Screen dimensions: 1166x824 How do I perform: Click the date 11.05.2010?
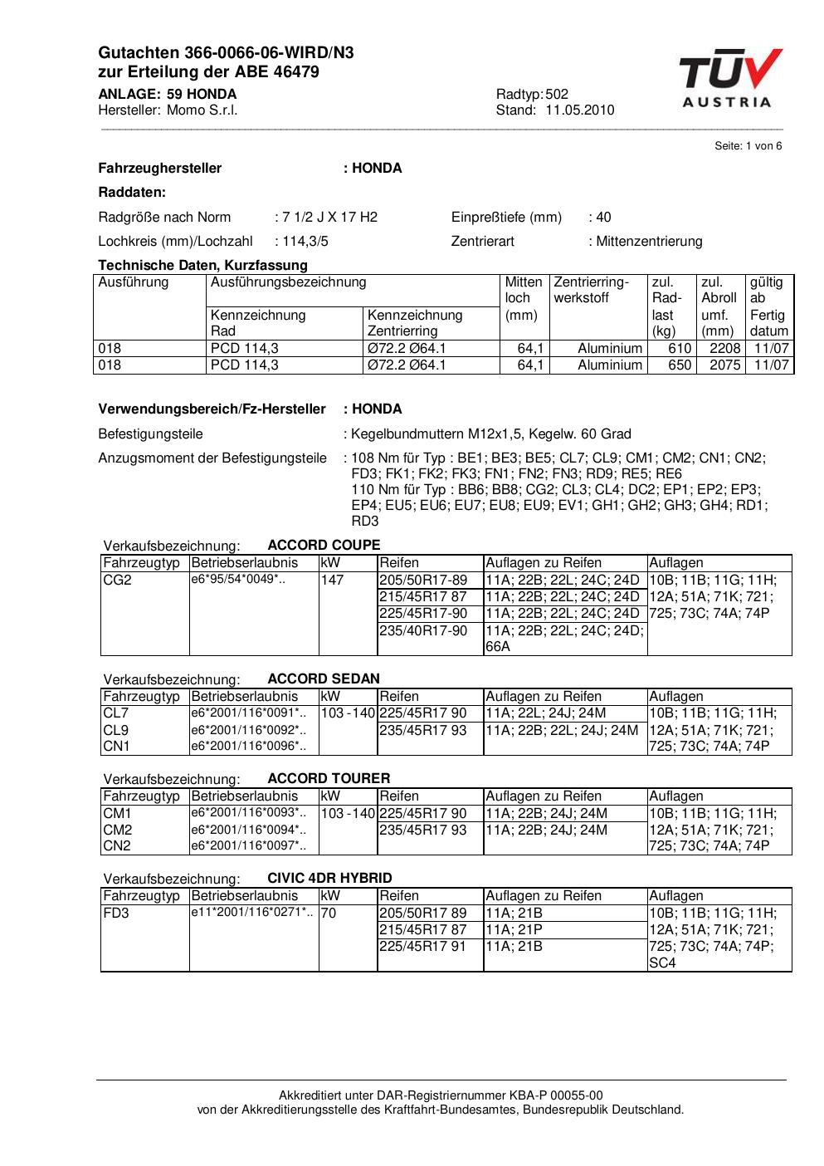[579, 110]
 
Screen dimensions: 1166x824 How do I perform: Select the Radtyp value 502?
[557, 95]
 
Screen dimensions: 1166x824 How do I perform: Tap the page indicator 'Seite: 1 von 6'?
[748, 146]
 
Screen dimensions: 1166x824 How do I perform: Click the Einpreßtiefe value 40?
[603, 218]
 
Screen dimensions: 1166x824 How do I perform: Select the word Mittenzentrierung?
[649, 242]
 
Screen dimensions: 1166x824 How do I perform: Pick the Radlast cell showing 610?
[680, 349]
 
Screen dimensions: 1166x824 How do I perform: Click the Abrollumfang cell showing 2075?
[724, 365]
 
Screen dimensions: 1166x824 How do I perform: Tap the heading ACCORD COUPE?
[324, 546]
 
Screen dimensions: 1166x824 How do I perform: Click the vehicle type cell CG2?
[117, 581]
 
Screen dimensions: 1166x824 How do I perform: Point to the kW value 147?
[332, 581]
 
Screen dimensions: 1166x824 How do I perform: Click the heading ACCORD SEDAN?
[324, 679]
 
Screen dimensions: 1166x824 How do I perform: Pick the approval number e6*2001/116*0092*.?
[248, 731]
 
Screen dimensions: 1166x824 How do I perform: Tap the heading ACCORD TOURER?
[329, 778]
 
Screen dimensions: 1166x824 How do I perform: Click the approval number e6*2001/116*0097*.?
[248, 845]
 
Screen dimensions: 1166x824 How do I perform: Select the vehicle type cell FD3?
[116, 913]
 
